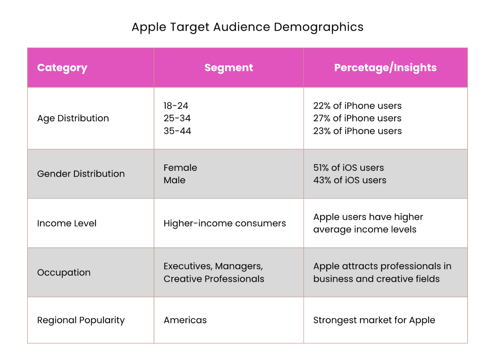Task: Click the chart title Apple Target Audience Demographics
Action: pos(247,27)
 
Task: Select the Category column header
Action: pos(62,68)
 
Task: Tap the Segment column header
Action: pos(229,68)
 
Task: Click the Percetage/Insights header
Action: pos(385,68)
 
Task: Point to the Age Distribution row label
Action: pos(73,119)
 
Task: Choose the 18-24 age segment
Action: pos(176,106)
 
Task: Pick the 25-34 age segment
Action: pos(177,119)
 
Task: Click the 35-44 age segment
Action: pos(177,131)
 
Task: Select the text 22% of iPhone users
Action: pos(357,106)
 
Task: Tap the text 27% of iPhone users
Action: pos(357,119)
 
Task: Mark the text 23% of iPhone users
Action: pos(357,131)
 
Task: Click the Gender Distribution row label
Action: pos(81,174)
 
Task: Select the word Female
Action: pos(180,168)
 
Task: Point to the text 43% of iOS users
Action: pos(350,180)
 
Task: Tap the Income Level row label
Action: pos(67,224)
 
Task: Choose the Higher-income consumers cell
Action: pos(225,224)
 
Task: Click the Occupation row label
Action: pos(64,273)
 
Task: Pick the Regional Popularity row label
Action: pos(81,320)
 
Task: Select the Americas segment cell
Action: pos(185,320)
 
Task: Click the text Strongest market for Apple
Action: pos(374,320)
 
